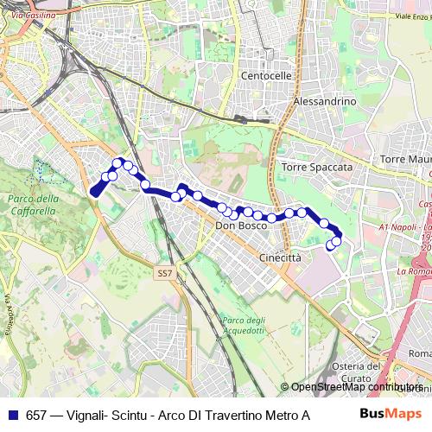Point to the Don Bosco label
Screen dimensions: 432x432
coord(241,226)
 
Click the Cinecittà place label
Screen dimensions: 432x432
coord(280,257)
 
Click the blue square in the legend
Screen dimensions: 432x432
coord(12,416)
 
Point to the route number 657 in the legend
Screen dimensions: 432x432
coord(36,416)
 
